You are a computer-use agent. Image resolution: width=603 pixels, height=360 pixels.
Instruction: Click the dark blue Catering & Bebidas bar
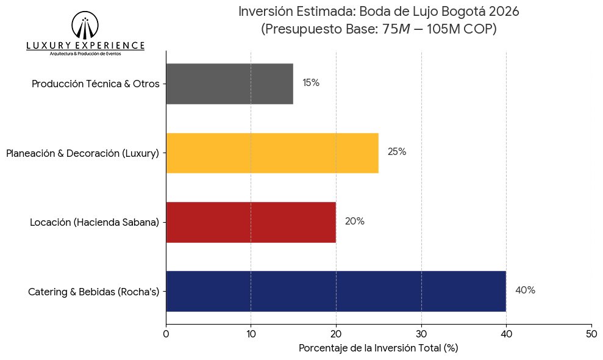[335, 291]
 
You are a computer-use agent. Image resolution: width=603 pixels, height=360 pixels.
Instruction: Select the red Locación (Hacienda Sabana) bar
[251, 221]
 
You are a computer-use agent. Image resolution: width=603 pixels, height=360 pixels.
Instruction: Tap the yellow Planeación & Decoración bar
[272, 153]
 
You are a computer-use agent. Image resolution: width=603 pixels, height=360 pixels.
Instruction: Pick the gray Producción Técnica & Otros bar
[229, 84]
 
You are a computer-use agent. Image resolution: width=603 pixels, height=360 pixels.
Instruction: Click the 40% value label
[525, 290]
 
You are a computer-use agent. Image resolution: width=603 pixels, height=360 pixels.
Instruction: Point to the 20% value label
[354, 221]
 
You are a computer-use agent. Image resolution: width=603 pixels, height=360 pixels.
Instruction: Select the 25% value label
[397, 152]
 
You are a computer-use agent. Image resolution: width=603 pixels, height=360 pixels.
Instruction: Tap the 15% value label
[311, 83]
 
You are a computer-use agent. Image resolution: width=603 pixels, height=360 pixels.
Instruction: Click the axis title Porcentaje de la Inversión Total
[378, 348]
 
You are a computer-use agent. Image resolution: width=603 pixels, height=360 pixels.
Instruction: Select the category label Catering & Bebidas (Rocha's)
[93, 292]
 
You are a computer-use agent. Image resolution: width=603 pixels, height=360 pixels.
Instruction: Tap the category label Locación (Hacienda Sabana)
[95, 223]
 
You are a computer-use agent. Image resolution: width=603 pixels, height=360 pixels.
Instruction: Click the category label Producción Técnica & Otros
[95, 84]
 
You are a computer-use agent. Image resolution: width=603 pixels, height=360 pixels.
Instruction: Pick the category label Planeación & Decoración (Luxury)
[82, 153]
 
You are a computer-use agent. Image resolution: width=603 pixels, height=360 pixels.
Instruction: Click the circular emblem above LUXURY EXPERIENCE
[85, 26]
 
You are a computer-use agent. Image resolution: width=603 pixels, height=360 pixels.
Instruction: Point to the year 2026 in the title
[504, 11]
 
